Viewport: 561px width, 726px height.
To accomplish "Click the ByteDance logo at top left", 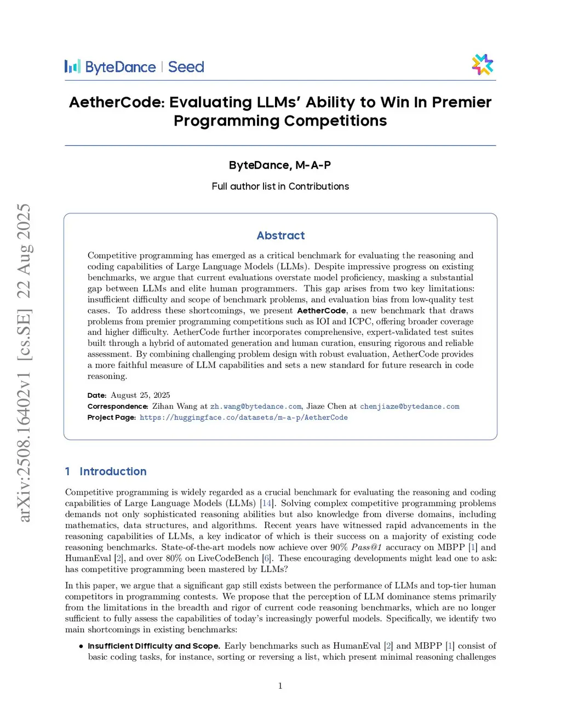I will pyautogui.click(x=110, y=67).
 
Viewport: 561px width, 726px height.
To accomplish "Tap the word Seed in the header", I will pyautogui.click(x=186, y=67).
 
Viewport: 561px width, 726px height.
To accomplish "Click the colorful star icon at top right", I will pyautogui.click(x=482, y=65).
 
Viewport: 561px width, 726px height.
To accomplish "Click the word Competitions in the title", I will pyautogui.click(x=335, y=121).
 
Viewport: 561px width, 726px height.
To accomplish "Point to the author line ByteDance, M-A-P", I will pyautogui.click(x=280, y=165).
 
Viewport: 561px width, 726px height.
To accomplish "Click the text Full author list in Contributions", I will pyautogui.click(x=280, y=186).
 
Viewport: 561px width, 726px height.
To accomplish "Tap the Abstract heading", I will pyautogui.click(x=280, y=236).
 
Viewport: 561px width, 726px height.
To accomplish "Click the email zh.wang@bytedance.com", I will pyautogui.click(x=256, y=407).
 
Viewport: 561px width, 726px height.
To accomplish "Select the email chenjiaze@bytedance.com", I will pyautogui.click(x=409, y=407).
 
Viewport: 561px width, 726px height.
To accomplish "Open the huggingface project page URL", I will pyautogui.click(x=243, y=418).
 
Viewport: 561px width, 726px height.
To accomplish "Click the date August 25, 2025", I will pyautogui.click(x=140, y=395).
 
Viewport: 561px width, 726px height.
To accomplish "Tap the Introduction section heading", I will pyautogui.click(x=113, y=472).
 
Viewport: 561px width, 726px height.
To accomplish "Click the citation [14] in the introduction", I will pyautogui.click(x=266, y=504).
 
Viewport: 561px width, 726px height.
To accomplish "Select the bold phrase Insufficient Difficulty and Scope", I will pyautogui.click(x=154, y=646).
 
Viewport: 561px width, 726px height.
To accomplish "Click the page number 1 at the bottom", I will pyautogui.click(x=280, y=685).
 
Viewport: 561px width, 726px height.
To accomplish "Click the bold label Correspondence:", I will pyautogui.click(x=118, y=407).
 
